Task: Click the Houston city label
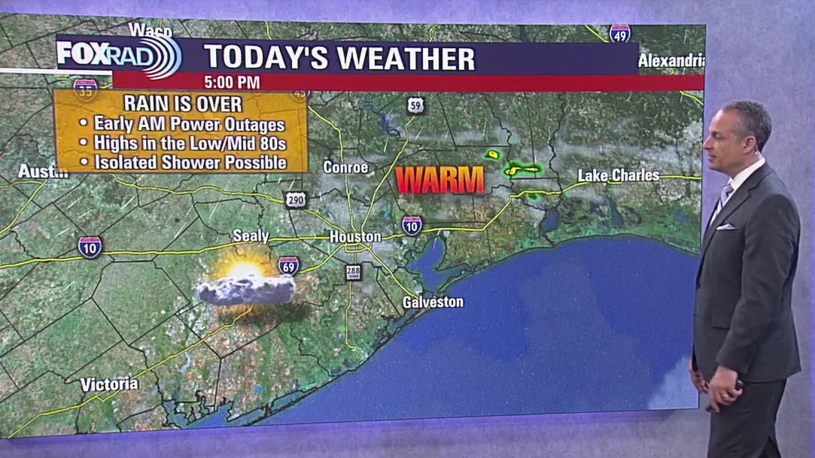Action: (355, 237)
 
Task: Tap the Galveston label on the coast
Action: (433, 302)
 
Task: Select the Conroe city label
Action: (345, 167)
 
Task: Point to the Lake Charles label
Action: (619, 176)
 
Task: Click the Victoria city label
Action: (110, 384)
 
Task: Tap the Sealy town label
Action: (251, 236)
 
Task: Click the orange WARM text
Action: (440, 180)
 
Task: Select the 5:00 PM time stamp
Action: (232, 82)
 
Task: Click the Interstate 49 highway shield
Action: (620, 33)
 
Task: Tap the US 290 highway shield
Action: (295, 199)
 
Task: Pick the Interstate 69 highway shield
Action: (288, 265)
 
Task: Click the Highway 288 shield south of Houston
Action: (353, 272)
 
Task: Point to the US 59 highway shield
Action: (416, 105)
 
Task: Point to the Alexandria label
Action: (671, 61)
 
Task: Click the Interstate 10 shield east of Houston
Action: (412, 225)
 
